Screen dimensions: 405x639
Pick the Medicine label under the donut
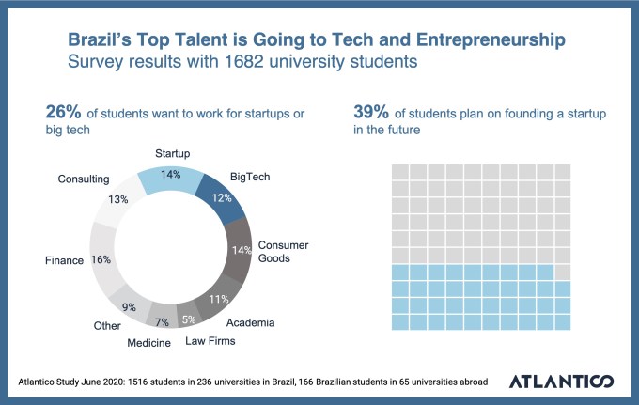pos(149,343)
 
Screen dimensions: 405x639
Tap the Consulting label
pos(84,179)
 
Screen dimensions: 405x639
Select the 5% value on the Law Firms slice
pos(189,319)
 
